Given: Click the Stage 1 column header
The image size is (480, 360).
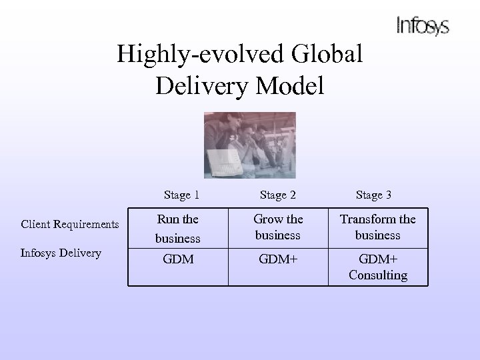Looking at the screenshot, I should click(181, 195).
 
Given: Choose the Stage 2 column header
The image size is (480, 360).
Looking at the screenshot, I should click(278, 195).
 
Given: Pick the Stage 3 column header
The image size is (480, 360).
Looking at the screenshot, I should click(373, 195).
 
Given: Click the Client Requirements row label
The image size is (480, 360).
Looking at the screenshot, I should click(70, 225).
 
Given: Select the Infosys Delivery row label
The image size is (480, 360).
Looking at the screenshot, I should click(61, 252).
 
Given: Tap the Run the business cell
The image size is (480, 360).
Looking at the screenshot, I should click(177, 228).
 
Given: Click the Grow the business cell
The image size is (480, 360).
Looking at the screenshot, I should click(278, 227).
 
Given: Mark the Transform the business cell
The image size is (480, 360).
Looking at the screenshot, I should click(377, 227).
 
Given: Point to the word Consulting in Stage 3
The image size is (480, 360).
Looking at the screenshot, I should click(377, 275).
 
